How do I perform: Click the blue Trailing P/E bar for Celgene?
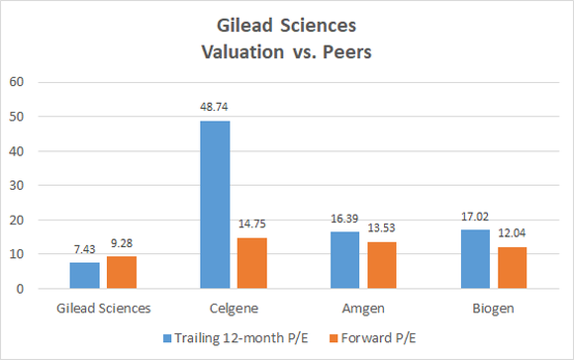(x=216, y=205)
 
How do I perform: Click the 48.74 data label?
(x=216, y=111)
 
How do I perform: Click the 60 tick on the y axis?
(x=16, y=82)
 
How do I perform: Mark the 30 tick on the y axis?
(x=16, y=185)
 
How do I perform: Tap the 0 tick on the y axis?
(x=19, y=289)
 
